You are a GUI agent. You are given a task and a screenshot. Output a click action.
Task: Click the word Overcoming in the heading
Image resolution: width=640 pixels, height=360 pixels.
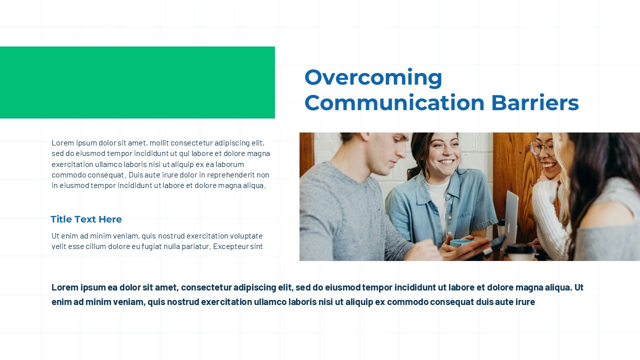(x=373, y=77)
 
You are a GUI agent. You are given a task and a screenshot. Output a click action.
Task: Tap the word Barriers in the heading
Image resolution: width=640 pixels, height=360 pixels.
(x=535, y=102)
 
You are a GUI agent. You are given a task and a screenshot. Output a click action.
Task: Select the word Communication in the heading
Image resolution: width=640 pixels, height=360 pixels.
(x=394, y=102)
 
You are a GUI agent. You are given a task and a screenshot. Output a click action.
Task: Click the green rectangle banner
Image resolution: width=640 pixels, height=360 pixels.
(x=137, y=82)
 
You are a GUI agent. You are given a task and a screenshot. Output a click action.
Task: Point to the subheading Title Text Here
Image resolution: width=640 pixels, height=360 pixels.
(x=86, y=219)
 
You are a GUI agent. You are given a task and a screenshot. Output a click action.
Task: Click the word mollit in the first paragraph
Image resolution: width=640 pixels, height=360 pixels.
(x=159, y=142)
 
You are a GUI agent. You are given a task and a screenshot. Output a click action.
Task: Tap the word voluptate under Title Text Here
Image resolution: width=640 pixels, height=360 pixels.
(x=246, y=236)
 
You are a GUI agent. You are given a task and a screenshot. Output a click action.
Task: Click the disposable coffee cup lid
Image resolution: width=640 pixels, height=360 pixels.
(x=520, y=248)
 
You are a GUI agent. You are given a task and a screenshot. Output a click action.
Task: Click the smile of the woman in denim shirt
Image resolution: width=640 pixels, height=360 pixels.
(x=446, y=162)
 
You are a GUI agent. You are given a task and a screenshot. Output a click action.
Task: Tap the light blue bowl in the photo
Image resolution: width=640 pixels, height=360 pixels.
(x=460, y=243)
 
